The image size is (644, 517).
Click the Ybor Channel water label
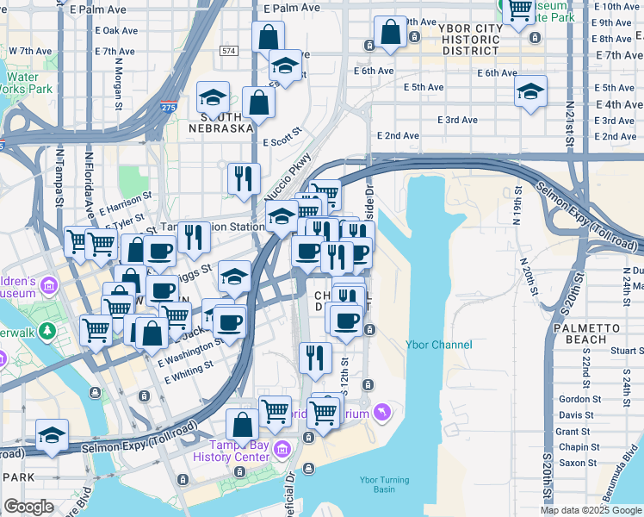click(x=438, y=345)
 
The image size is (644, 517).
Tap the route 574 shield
click(x=228, y=52)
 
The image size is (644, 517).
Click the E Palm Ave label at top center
click(x=291, y=8)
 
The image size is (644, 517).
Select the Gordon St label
click(x=579, y=399)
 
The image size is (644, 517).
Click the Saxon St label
click(x=579, y=463)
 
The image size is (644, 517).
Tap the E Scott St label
click(x=282, y=137)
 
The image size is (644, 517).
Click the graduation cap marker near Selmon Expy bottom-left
click(x=53, y=435)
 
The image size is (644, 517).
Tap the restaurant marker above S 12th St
click(x=316, y=357)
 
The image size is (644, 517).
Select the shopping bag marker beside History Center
click(x=243, y=425)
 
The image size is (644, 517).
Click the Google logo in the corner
click(x=28, y=508)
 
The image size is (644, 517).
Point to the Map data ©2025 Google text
click(x=590, y=510)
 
